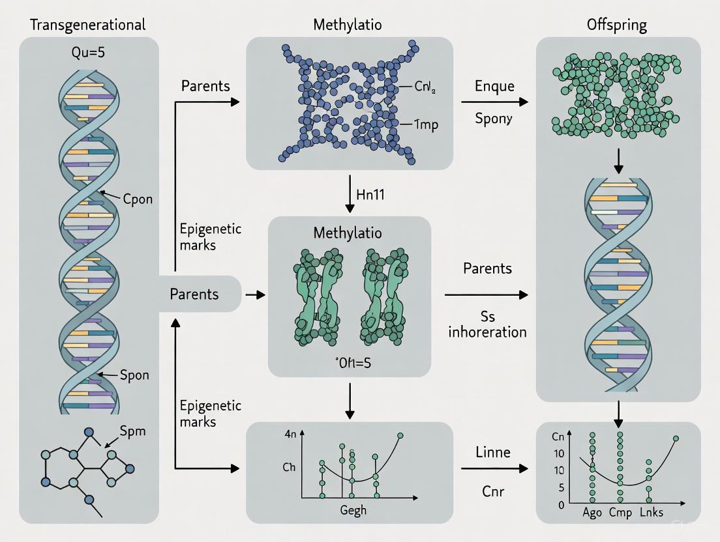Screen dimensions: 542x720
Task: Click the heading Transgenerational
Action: [x=88, y=25]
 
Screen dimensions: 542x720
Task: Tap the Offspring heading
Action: [x=617, y=25]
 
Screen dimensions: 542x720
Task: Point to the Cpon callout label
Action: [x=138, y=199]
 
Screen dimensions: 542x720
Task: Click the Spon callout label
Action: [x=135, y=375]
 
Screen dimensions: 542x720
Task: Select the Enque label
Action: [x=494, y=85]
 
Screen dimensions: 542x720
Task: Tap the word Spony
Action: [x=494, y=119]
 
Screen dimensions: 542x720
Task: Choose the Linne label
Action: [x=493, y=451]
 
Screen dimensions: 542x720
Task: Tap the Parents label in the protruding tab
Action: [x=194, y=294]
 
